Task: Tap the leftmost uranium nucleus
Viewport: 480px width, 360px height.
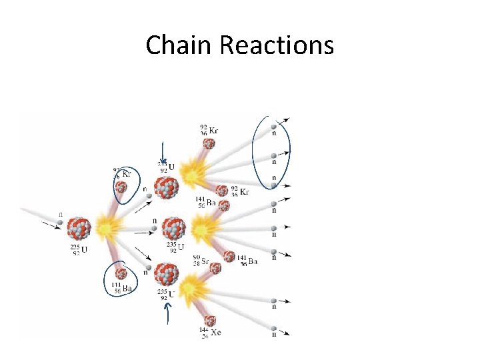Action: (x=79, y=228)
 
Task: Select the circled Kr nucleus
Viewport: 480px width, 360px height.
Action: (x=121, y=187)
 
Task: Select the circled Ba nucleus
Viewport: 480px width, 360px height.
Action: (x=121, y=273)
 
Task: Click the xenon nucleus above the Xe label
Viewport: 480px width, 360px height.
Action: (x=211, y=320)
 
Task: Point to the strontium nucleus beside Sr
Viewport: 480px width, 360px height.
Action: (x=215, y=268)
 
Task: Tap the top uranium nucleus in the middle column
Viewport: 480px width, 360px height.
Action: (x=167, y=187)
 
